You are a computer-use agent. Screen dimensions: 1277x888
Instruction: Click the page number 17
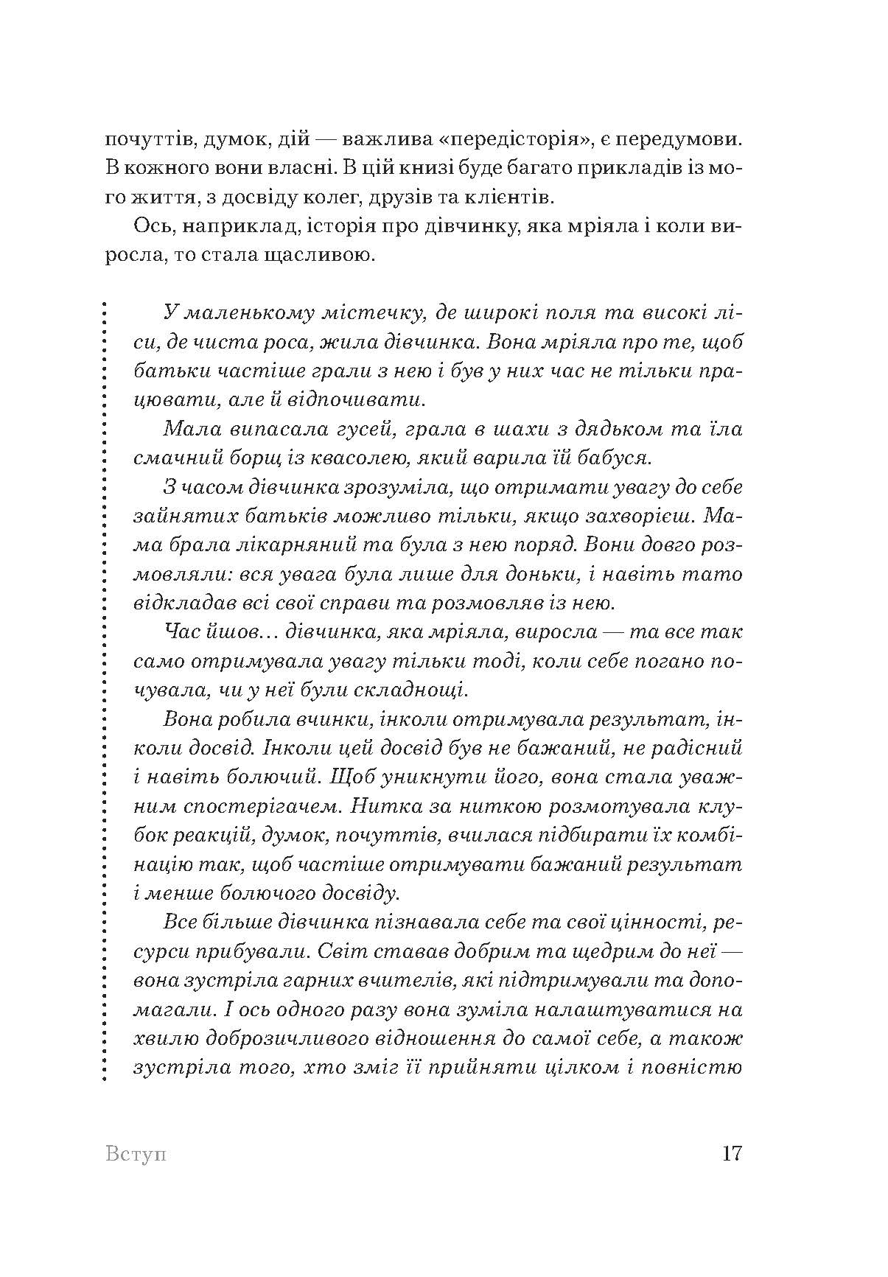pos(731,1152)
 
